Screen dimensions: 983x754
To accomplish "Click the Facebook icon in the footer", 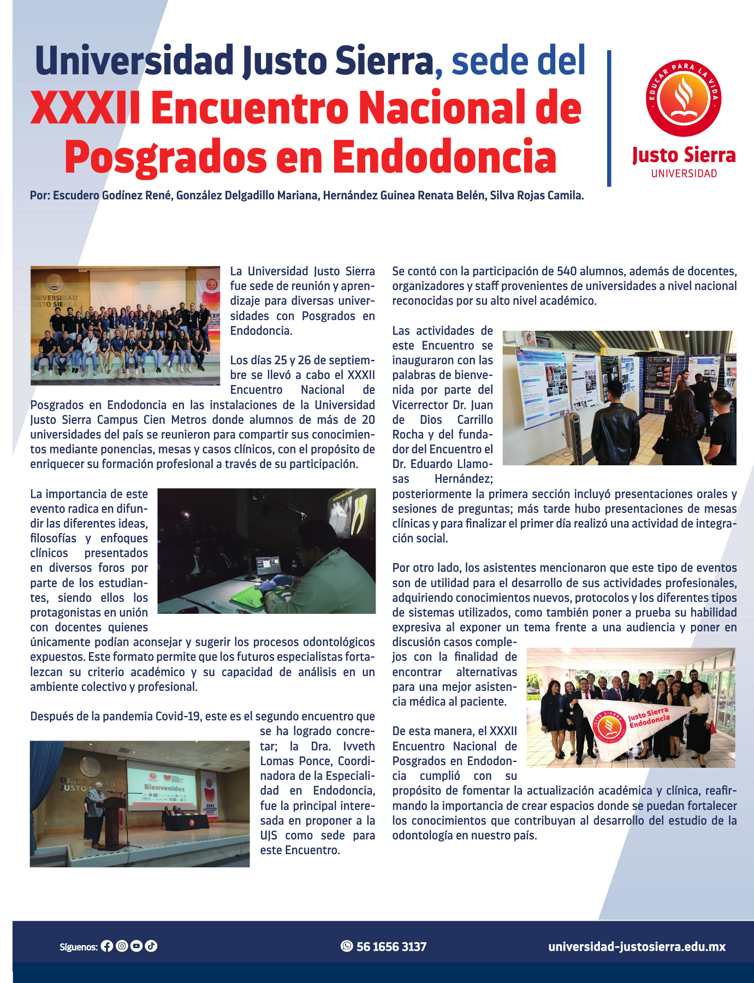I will tap(107, 946).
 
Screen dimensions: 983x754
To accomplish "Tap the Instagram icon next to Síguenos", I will tap(122, 946).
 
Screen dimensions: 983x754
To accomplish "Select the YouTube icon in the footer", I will tap(136, 946).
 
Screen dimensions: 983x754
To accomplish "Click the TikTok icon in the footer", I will tap(151, 946).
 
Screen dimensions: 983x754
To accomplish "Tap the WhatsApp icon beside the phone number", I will tap(347, 946).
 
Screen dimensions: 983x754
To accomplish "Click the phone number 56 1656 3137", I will tap(391, 946).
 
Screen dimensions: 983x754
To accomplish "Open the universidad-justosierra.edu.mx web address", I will tap(637, 946).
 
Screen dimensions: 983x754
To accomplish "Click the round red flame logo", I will tap(684, 98).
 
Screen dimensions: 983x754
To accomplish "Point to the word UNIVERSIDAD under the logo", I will tap(684, 174).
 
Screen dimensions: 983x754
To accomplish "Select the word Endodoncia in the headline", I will tap(444, 157).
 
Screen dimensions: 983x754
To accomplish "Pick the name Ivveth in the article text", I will tap(359, 747).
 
